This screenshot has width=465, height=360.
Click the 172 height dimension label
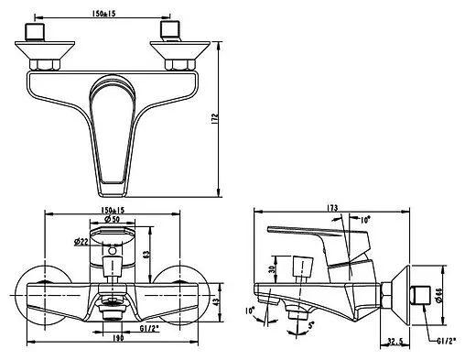pyautogui.click(x=214, y=118)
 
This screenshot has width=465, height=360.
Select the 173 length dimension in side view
pyautogui.click(x=332, y=208)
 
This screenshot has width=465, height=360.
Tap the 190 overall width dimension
pyautogui.click(x=117, y=338)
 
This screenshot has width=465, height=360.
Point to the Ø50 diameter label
pyautogui.click(x=112, y=219)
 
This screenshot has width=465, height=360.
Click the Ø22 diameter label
pyautogui.click(x=81, y=242)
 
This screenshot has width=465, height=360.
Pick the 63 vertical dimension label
pyautogui.click(x=146, y=254)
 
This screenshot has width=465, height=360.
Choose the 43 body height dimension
pyautogui.click(x=216, y=302)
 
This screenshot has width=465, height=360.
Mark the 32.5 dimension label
pyautogui.click(x=395, y=341)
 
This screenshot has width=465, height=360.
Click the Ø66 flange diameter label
pyautogui.click(x=439, y=295)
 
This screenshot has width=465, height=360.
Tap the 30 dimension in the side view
pyautogui.click(x=272, y=268)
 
